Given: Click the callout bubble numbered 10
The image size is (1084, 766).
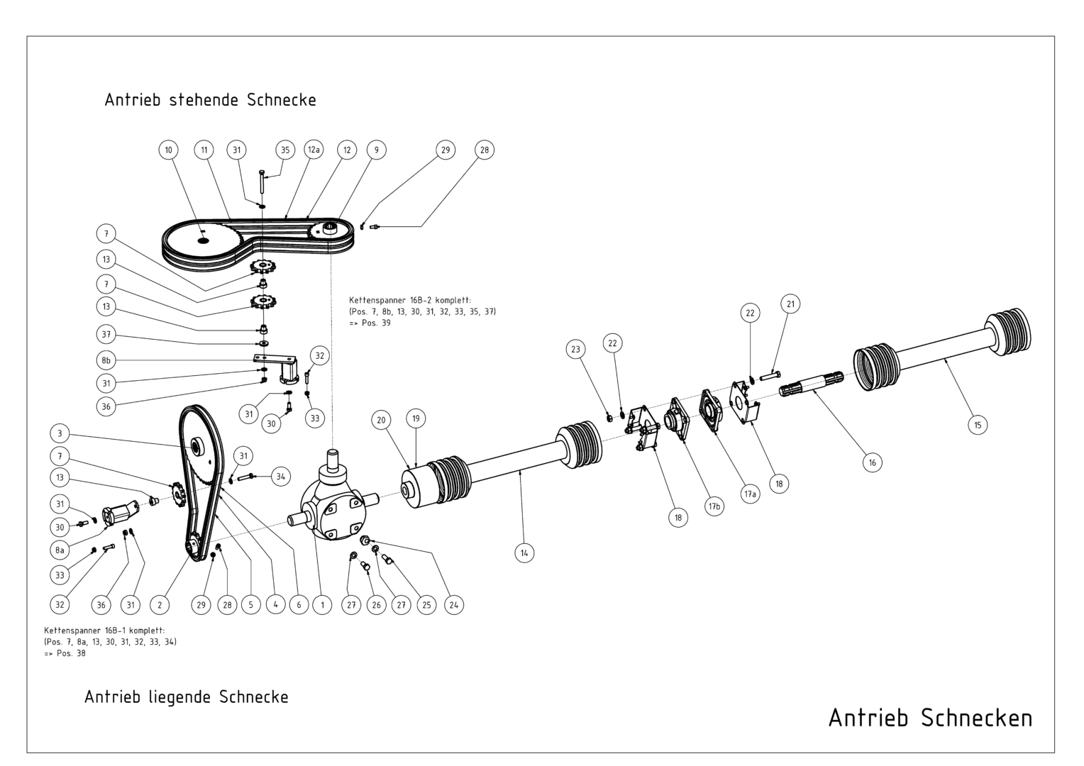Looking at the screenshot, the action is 168,150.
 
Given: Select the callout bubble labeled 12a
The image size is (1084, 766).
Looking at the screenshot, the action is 314,150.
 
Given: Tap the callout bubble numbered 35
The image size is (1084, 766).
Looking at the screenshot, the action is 285,150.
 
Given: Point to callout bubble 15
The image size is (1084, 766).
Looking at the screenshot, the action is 978,425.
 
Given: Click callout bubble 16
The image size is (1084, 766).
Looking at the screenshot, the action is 872,462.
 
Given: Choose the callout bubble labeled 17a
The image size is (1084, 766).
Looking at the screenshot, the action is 750,494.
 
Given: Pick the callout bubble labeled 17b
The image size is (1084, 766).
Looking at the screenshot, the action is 714,506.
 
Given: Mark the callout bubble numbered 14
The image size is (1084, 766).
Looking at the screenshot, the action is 524,553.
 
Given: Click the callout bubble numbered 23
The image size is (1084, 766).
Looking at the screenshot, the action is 575,350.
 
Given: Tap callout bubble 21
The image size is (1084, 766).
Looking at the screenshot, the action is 790,304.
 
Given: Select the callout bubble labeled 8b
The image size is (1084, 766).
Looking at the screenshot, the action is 106,360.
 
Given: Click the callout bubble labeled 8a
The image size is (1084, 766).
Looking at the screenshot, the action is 60,550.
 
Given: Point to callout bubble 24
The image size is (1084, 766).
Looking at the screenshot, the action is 453,605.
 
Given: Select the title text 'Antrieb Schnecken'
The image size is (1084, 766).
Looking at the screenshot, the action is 930,718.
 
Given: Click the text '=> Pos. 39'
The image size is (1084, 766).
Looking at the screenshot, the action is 370,323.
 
